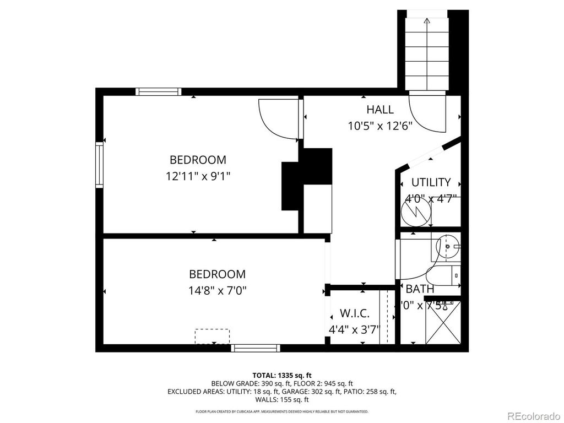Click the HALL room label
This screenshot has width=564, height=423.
click(x=380, y=110)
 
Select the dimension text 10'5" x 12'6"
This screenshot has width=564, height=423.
click(x=380, y=126)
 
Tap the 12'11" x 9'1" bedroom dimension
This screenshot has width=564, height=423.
click(x=198, y=176)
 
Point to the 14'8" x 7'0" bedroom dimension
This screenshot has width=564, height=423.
click(x=218, y=290)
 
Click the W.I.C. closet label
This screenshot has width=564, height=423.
click(x=354, y=313)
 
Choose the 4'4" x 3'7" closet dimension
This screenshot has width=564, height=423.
click(x=354, y=329)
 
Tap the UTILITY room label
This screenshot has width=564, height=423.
click(x=431, y=182)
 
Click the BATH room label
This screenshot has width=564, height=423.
click(x=420, y=289)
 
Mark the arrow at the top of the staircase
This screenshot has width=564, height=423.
click(x=427, y=22)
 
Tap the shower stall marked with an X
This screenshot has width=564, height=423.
click(x=443, y=323)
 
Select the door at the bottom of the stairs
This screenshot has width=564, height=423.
click(x=427, y=113)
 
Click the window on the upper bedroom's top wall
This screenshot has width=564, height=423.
click(x=159, y=91)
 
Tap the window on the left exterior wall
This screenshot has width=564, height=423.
click(x=99, y=165)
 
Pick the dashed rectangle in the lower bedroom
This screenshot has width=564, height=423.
click(x=212, y=336)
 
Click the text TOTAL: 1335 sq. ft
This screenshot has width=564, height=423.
click(x=282, y=375)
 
